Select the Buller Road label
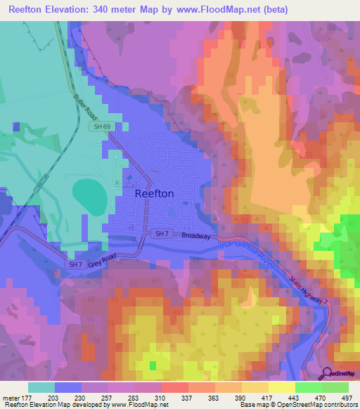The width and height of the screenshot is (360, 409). click(84, 105)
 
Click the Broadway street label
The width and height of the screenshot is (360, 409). click(196, 237)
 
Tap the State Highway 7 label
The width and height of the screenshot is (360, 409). click(310, 292)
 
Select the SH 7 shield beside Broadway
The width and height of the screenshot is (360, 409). click(162, 233)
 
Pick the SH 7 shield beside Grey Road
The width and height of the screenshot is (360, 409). click(77, 264)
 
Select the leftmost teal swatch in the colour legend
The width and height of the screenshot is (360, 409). click(41, 387)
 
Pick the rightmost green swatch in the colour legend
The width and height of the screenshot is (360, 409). click(335, 387)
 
